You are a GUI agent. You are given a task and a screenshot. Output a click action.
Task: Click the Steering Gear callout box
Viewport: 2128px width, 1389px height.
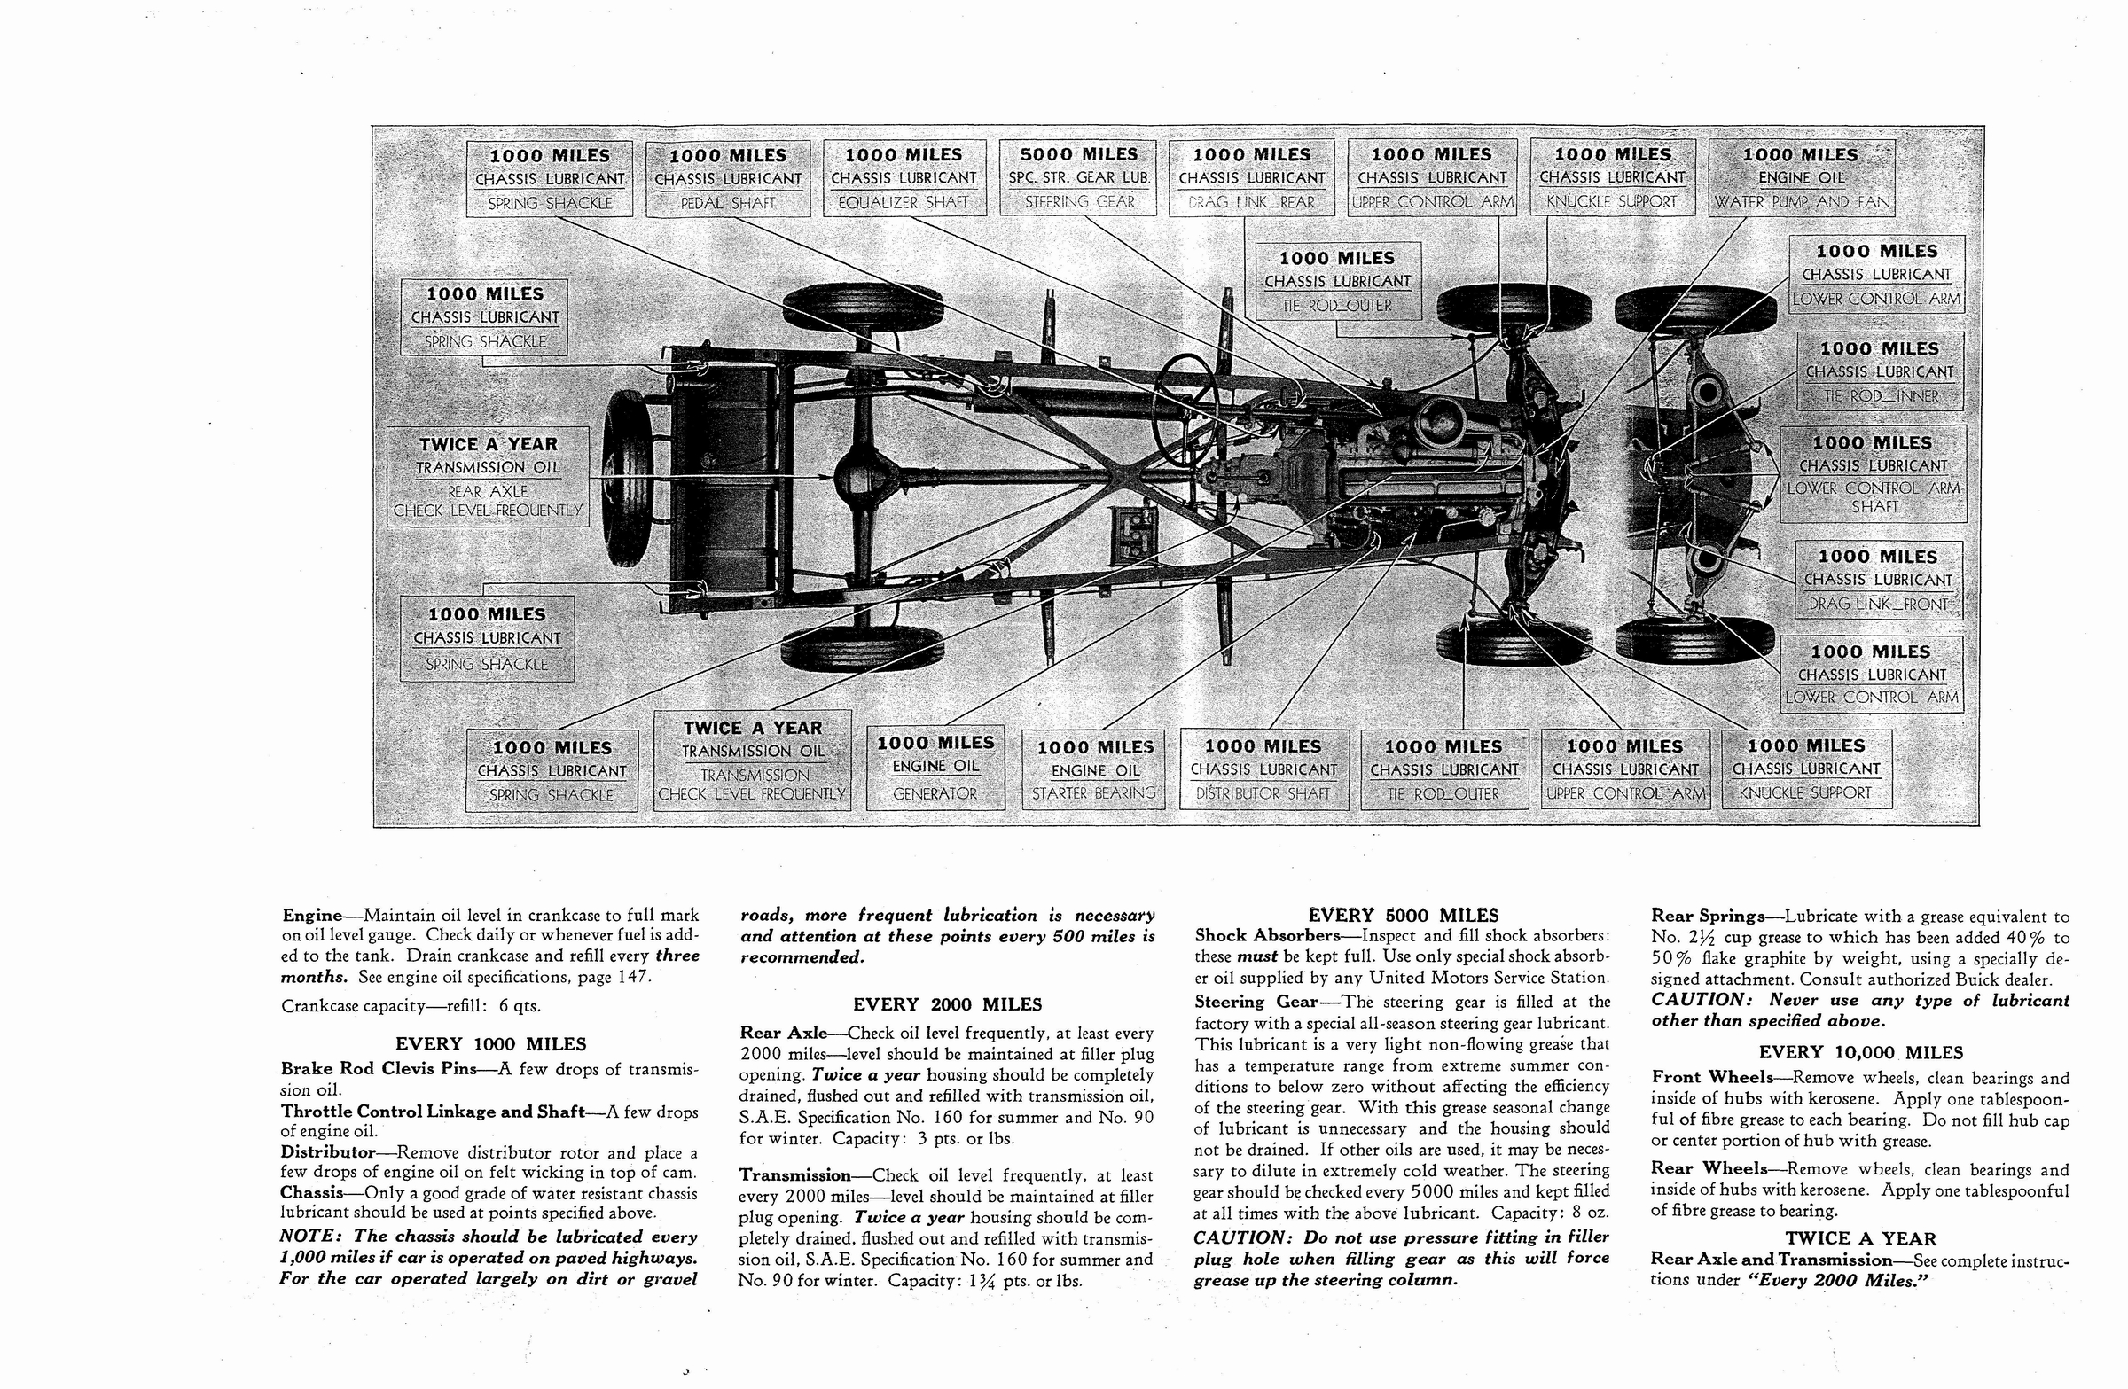pos(1078,178)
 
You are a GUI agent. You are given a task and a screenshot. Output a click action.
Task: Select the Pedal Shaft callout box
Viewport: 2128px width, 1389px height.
pos(728,178)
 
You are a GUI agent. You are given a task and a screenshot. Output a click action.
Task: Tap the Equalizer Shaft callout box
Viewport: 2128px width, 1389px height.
pos(904,178)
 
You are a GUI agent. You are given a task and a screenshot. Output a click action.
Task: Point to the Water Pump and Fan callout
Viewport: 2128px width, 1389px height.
pos(1801,178)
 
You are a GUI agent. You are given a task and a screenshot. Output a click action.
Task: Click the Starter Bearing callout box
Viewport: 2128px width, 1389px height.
pos(1094,769)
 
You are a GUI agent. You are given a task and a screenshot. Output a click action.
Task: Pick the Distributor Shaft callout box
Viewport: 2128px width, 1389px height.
pos(1263,769)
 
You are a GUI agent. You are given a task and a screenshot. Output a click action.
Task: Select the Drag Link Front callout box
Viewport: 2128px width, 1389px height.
pos(1879,580)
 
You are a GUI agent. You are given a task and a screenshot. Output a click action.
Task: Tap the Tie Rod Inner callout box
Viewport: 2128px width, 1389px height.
pos(1880,371)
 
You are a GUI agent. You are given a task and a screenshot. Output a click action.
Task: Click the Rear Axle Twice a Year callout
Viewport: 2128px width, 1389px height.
pos(488,477)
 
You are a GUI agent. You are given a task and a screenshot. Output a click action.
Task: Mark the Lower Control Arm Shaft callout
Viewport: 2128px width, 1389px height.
pos(1874,473)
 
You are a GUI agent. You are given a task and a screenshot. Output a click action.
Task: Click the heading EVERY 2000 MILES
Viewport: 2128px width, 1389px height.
pos(947,1004)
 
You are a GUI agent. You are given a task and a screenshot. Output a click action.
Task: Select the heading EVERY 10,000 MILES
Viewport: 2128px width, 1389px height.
pos(1859,1053)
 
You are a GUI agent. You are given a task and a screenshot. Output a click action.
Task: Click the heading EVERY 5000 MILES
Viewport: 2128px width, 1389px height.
pos(1403,916)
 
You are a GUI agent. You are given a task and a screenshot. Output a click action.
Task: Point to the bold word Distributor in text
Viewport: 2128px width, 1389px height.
pos(327,1152)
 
